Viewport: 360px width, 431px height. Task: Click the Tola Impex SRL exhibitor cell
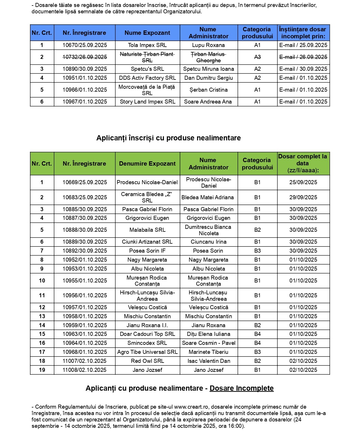click(147, 45)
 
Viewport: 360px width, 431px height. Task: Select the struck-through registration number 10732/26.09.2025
click(84, 57)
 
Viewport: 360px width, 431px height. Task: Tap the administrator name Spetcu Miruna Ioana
click(208, 69)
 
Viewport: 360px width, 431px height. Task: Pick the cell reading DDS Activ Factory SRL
click(147, 78)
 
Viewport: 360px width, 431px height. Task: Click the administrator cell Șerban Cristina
click(208, 90)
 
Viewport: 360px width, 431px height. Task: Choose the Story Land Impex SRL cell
click(147, 102)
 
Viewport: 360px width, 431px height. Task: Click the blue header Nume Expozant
click(147, 33)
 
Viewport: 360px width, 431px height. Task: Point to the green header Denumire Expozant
click(147, 164)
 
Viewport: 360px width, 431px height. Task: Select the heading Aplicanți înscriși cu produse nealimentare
click(168, 138)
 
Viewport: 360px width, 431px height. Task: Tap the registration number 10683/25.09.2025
click(84, 198)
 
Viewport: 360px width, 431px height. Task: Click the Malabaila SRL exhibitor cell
click(147, 230)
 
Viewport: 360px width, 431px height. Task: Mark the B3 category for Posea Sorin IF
click(257, 251)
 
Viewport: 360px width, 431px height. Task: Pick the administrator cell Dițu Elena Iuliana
click(208, 334)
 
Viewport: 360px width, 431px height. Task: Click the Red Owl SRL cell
click(147, 361)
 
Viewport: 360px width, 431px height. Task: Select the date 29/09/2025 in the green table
click(303, 198)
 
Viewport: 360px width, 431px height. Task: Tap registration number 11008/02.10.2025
click(84, 370)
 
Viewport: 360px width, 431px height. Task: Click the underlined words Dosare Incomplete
click(242, 388)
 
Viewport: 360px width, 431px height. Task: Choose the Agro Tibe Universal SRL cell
click(147, 352)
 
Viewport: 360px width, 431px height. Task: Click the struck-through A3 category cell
click(257, 57)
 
